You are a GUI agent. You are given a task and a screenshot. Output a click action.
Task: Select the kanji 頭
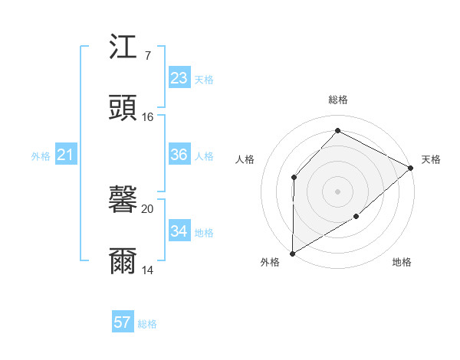point(123,108)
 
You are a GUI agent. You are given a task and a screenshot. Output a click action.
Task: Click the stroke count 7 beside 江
point(147,56)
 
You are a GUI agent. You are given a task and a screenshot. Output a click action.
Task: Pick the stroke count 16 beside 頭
point(148,117)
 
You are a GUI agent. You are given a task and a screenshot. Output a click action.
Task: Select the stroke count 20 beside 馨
point(148,209)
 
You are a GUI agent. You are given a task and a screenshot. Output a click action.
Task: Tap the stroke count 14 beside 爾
point(148,270)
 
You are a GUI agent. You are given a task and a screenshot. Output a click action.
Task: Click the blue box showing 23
point(179,78)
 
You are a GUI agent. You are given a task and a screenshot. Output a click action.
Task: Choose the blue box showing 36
point(179,155)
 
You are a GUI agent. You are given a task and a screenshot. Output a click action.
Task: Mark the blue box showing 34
point(179,231)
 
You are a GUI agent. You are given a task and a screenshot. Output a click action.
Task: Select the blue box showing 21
point(66,155)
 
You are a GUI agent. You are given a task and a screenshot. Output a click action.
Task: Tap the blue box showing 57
point(123,322)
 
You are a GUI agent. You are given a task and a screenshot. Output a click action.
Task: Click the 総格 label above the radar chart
point(338,100)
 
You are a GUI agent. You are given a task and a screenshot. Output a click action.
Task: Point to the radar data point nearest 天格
point(411,169)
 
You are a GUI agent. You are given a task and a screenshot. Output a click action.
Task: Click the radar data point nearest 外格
point(292,254)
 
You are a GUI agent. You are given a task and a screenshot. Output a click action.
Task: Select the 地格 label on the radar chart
point(402,263)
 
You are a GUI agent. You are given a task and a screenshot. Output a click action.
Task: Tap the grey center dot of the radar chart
point(338,191)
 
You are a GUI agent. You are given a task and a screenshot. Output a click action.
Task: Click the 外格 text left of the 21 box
point(41,156)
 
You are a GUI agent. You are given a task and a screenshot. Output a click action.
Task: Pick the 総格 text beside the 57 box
point(147,324)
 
